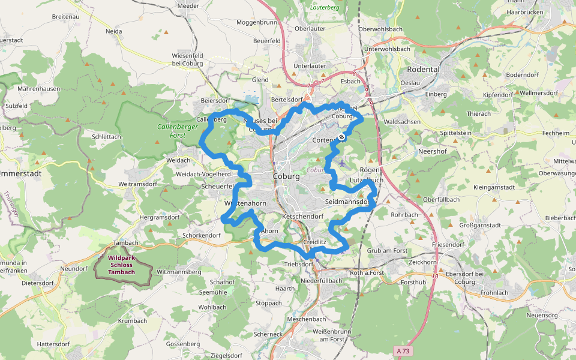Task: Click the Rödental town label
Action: coord(423,69)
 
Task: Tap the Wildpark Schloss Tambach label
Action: coord(122,266)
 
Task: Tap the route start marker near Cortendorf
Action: coord(341,137)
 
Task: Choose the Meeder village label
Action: coord(188,5)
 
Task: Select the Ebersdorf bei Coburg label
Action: coord(465,278)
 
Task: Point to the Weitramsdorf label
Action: coord(139,183)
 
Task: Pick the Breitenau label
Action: coord(65,16)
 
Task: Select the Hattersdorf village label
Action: coord(54,344)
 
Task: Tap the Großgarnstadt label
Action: coord(479,226)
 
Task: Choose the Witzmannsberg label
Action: coord(178,272)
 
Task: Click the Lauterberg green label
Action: coord(325,7)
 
